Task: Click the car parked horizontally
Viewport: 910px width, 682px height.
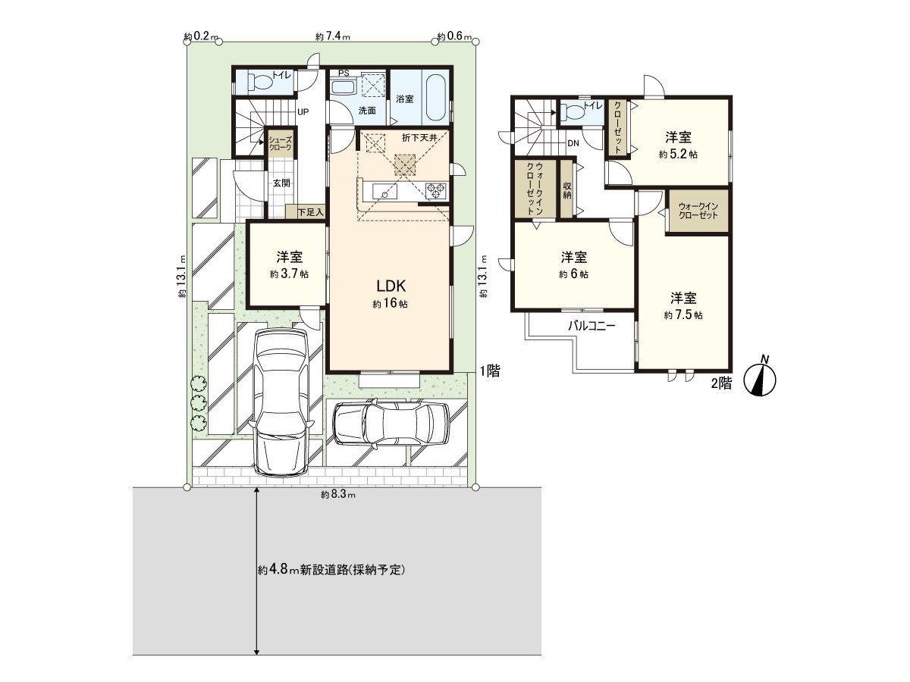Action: [391, 423]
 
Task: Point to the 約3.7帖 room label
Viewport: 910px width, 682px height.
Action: [289, 274]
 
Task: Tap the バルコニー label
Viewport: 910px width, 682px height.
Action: [592, 327]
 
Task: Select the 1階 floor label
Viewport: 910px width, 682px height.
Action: [488, 371]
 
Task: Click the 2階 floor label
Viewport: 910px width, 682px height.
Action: [721, 383]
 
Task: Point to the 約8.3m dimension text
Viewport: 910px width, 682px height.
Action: [338, 495]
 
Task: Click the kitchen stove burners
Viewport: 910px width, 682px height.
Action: [436, 191]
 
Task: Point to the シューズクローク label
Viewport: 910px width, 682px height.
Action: [280, 143]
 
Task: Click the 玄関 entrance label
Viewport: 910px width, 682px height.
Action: [281, 183]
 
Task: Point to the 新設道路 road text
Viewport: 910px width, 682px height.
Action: [331, 570]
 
